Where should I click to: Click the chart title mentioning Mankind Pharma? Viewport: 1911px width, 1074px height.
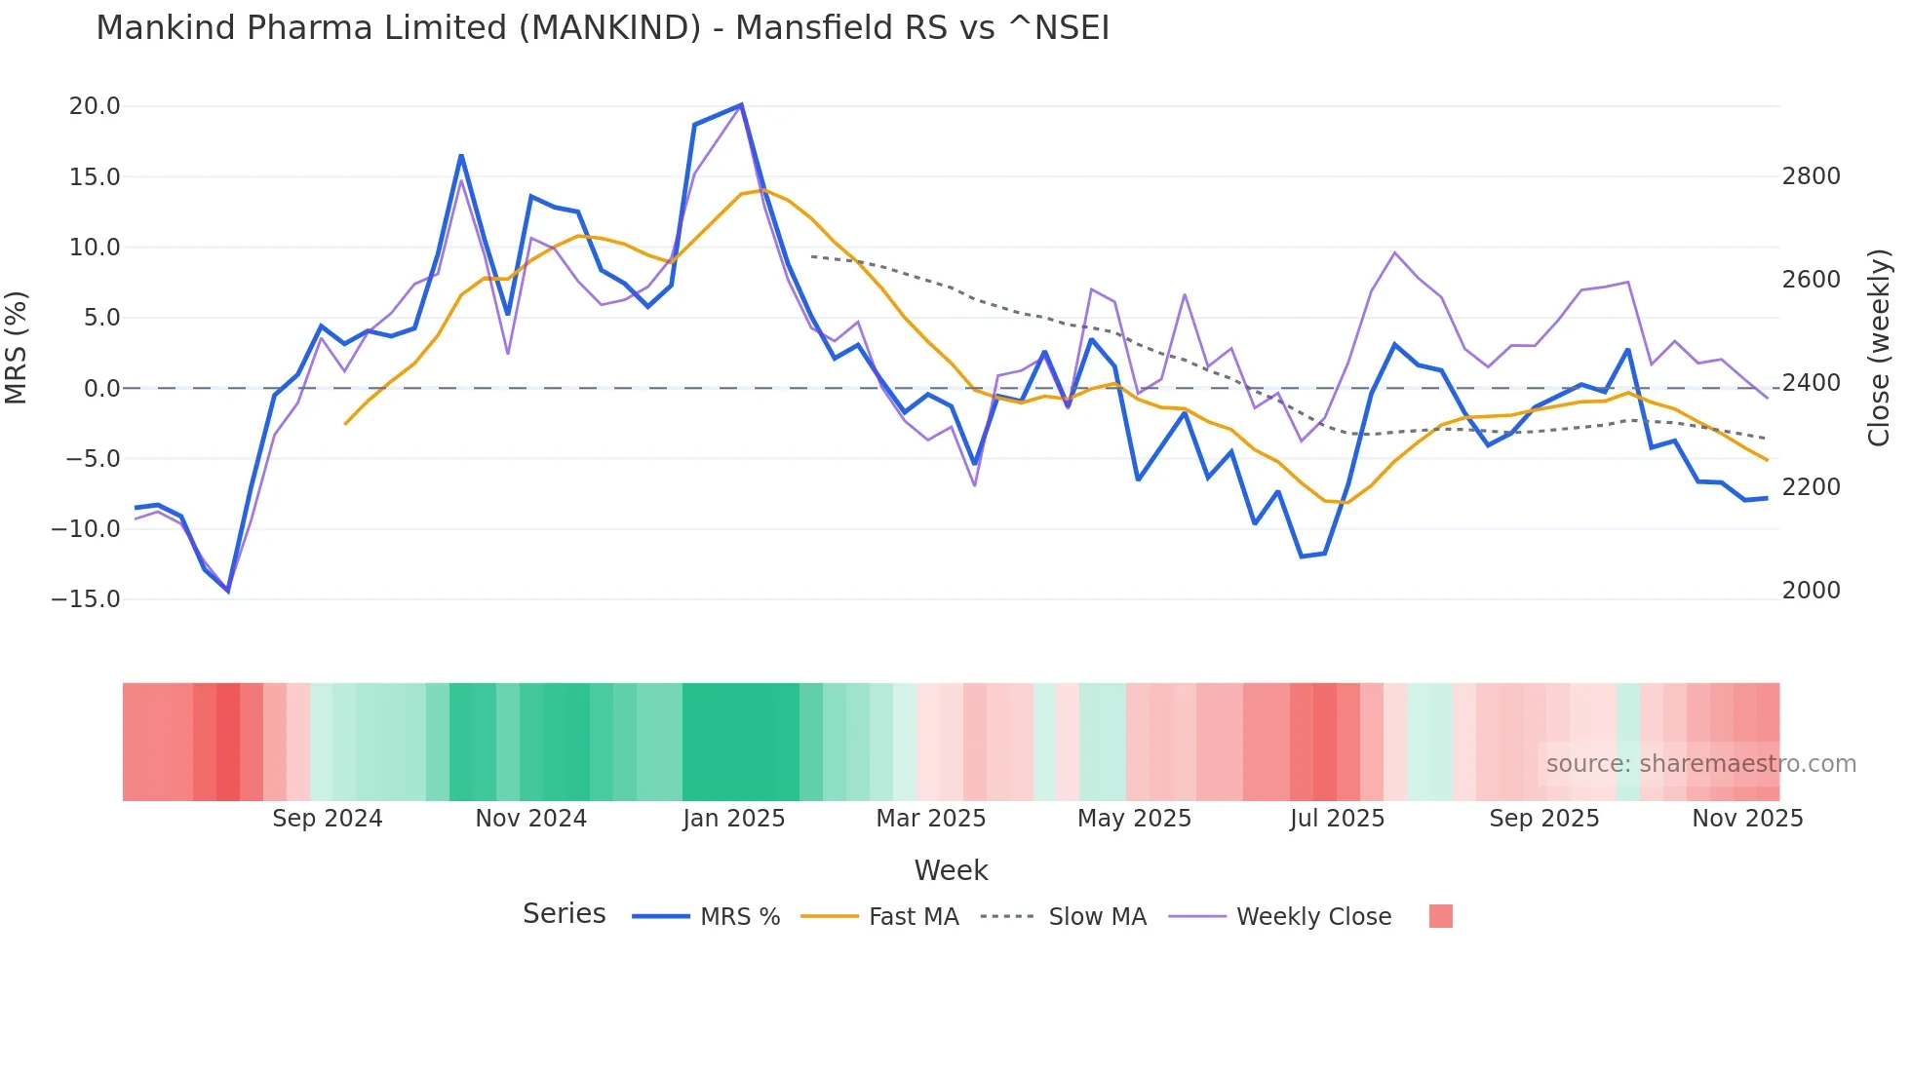tap(603, 28)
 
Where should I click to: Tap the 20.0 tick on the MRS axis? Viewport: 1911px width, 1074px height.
tap(95, 106)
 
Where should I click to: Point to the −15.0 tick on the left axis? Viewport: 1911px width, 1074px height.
tap(86, 599)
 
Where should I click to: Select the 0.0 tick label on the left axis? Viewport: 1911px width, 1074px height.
tap(101, 389)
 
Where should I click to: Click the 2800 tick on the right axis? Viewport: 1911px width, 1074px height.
tap(1811, 176)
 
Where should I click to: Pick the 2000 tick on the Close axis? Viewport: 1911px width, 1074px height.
tap(1811, 591)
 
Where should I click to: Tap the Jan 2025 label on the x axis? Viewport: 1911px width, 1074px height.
tap(733, 819)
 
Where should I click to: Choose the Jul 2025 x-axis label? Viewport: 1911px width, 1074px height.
tap(1337, 819)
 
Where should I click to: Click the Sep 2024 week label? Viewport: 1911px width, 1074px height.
tap(327, 819)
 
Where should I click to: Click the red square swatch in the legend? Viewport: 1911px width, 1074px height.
tap(1440, 916)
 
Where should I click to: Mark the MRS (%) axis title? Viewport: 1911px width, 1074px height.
tap(17, 347)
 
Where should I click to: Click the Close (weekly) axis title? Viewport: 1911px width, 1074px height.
tap(1879, 347)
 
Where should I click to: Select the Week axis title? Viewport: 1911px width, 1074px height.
tap(951, 870)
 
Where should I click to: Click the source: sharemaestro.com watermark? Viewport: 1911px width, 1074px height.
tap(1700, 764)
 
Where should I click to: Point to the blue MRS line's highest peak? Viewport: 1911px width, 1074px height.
tap(741, 105)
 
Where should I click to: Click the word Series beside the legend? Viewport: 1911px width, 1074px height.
tap(564, 914)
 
